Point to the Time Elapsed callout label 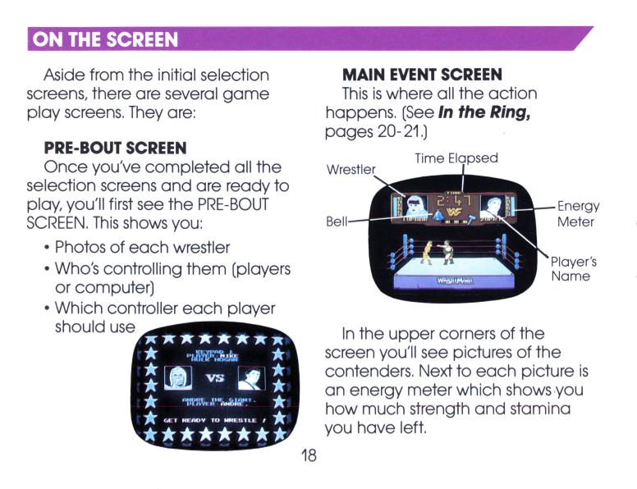click(x=456, y=158)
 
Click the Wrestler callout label click(x=351, y=170)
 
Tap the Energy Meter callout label click(x=578, y=213)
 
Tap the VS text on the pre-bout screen click(x=214, y=379)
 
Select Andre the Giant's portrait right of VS click(x=250, y=378)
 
